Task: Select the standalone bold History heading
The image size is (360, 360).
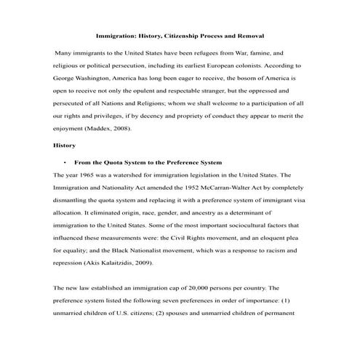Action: [x=57, y=145]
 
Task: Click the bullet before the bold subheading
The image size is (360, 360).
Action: [x=65, y=161]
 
